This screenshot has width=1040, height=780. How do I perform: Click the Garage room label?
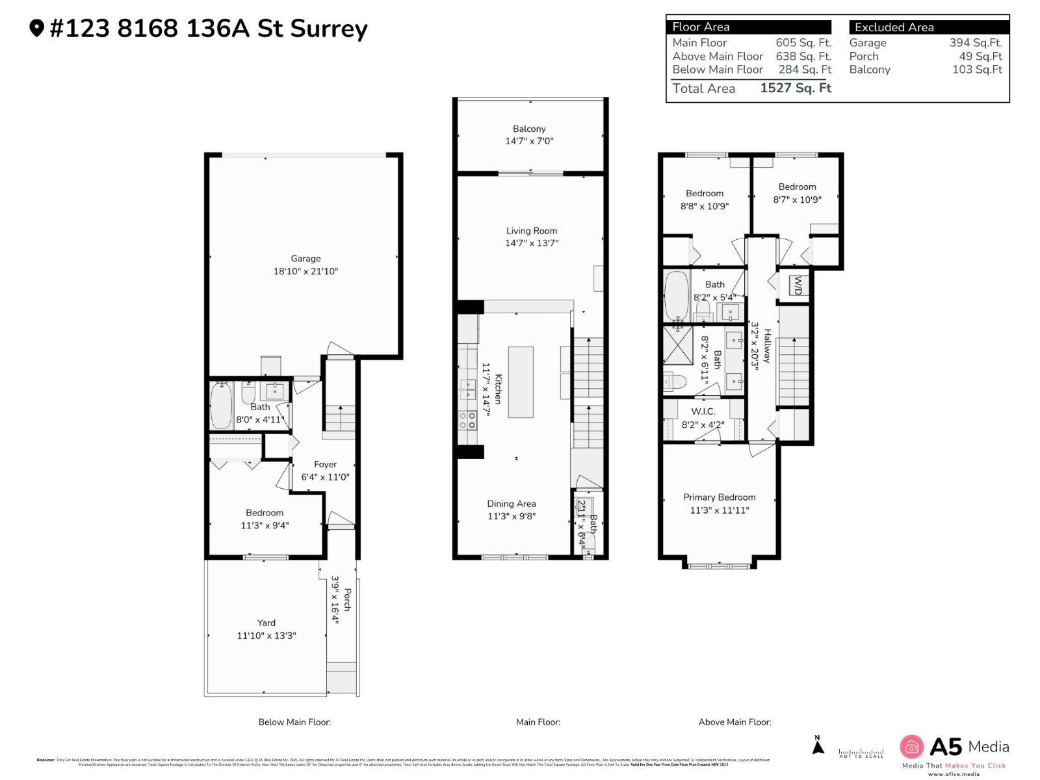point(305,259)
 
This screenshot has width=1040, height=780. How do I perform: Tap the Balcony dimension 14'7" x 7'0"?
point(529,141)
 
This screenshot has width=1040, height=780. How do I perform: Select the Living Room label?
point(532,231)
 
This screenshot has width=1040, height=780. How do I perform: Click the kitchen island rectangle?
point(521,382)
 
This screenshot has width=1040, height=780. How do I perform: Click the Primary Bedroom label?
point(719,497)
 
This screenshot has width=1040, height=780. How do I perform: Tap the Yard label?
point(266,623)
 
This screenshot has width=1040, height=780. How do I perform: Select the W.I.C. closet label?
point(703,411)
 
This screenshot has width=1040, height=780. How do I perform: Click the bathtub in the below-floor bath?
point(221,406)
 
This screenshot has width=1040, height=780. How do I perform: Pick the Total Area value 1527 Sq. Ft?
point(796,88)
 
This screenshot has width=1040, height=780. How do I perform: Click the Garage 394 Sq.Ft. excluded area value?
point(975,43)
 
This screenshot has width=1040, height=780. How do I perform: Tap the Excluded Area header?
point(894,27)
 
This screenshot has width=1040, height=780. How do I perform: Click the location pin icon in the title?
point(36,28)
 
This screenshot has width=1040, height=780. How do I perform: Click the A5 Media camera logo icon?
point(911,747)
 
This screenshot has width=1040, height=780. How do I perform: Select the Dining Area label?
point(512,504)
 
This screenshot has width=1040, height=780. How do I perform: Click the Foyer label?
point(325,465)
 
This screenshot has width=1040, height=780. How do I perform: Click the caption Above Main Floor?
point(734,721)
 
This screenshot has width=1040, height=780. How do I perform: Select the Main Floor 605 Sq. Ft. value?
point(803,43)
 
